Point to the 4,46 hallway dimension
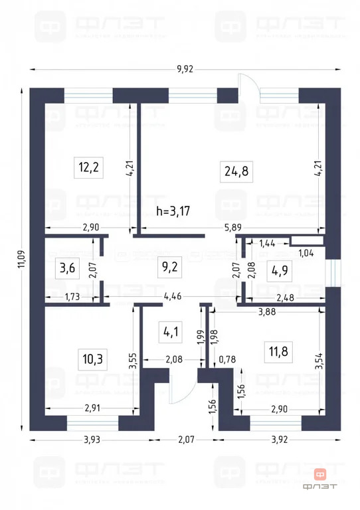tap(173, 296)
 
